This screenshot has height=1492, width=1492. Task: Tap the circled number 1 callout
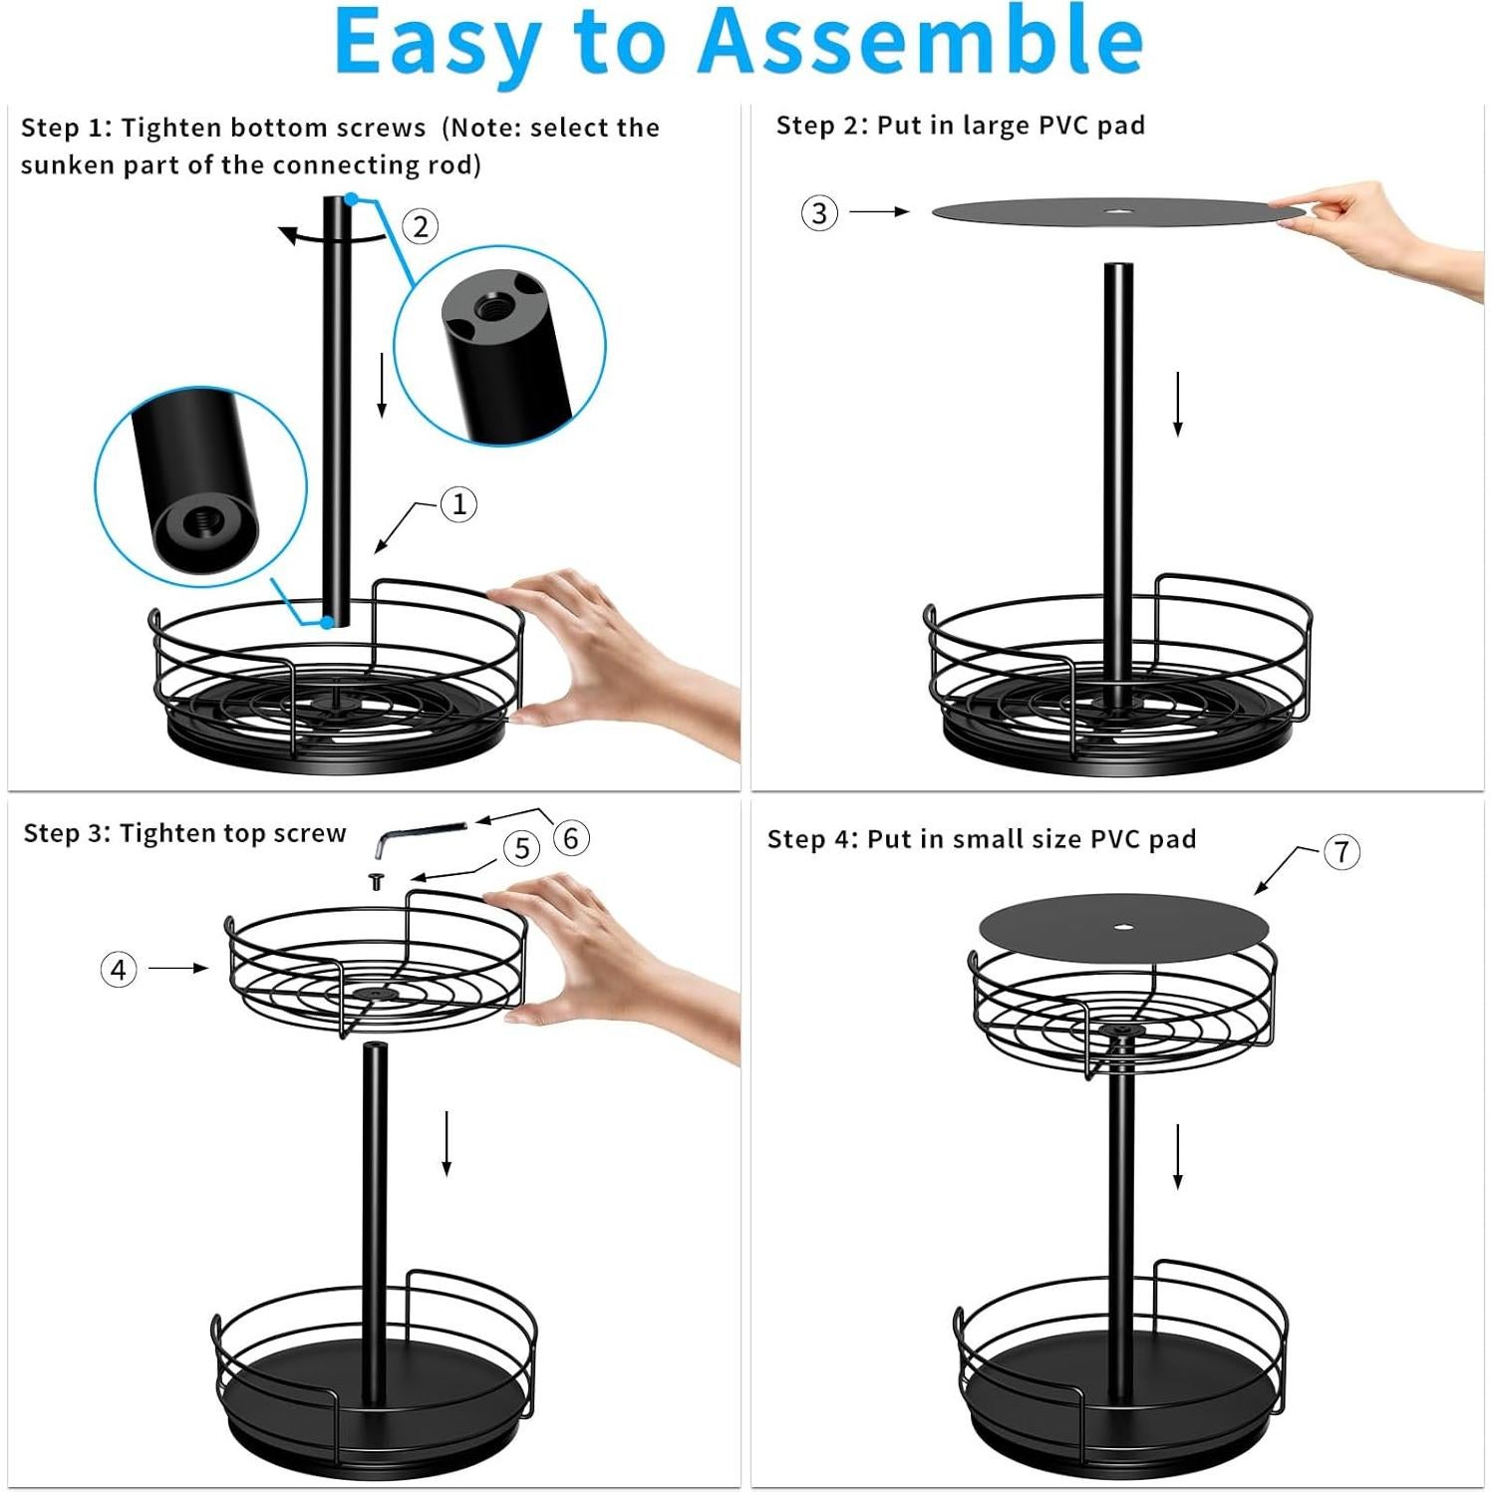pos(458,503)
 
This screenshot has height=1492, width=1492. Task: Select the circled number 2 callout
pos(421,226)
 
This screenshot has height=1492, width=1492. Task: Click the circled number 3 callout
pos(819,212)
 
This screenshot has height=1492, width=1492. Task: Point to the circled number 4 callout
pos(119,969)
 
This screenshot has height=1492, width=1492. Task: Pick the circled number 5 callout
pos(521,848)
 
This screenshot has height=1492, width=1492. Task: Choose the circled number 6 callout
pos(570,837)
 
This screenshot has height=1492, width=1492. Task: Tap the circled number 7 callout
pos(1342,852)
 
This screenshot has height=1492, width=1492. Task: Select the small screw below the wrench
pos(377,881)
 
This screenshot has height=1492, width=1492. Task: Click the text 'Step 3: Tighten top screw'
pos(184,833)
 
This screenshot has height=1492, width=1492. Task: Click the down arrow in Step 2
pos(1177,404)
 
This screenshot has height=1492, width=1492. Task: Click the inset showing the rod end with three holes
pos(499,345)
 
